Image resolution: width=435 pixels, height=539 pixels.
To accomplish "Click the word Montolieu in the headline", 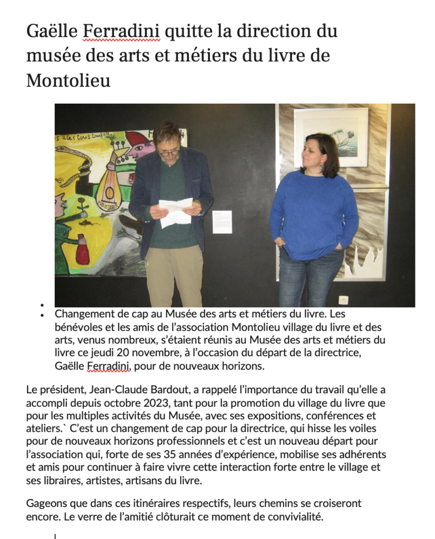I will tap(68, 81).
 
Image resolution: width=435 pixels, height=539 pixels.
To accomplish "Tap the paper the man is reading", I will tap(175, 212).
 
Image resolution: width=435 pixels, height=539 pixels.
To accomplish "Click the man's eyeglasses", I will tap(169, 153).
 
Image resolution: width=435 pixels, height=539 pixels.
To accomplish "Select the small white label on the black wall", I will tap(221, 222).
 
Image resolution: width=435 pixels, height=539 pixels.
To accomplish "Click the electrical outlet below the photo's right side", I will tap(343, 301).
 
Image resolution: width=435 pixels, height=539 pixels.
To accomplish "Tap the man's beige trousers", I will tap(174, 274).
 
